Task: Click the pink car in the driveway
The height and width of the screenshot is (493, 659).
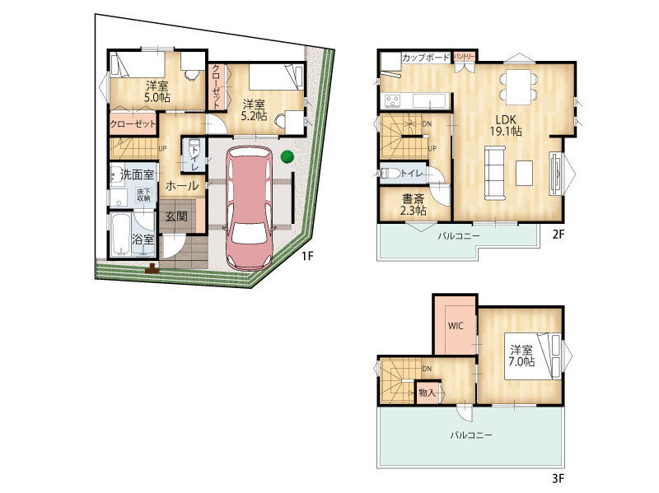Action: coord(250,208)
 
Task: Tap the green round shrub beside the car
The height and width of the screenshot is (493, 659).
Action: coord(287,156)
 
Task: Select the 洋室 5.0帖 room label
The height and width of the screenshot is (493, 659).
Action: coord(157,92)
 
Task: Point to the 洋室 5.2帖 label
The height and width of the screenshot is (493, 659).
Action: coord(255,110)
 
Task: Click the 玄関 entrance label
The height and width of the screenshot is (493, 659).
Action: coord(176,216)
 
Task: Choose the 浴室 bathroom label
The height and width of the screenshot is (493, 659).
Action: coord(143,240)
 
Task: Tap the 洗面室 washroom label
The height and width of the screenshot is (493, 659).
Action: coord(137,174)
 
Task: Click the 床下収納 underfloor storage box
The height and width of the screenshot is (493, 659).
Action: coord(143,195)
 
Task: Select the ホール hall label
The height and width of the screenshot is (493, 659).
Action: coord(182,186)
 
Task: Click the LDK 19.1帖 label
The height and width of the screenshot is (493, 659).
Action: coord(506,126)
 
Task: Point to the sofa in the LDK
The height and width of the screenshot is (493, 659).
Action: coord(495,173)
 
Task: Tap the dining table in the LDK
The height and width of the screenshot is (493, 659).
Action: coord(519,87)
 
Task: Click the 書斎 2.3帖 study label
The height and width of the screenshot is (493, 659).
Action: coord(414,204)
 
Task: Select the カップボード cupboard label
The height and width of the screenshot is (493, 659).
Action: coord(426,58)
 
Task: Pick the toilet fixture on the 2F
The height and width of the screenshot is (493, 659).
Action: coord(389,174)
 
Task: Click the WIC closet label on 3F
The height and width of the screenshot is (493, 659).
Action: coord(456,325)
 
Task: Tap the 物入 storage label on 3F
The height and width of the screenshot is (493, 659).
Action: coord(427,393)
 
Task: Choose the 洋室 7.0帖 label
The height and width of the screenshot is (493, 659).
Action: coord(521,356)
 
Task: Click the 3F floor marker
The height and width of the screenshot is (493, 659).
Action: coord(558,478)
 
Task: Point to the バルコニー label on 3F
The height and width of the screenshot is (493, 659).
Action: coord(471,435)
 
